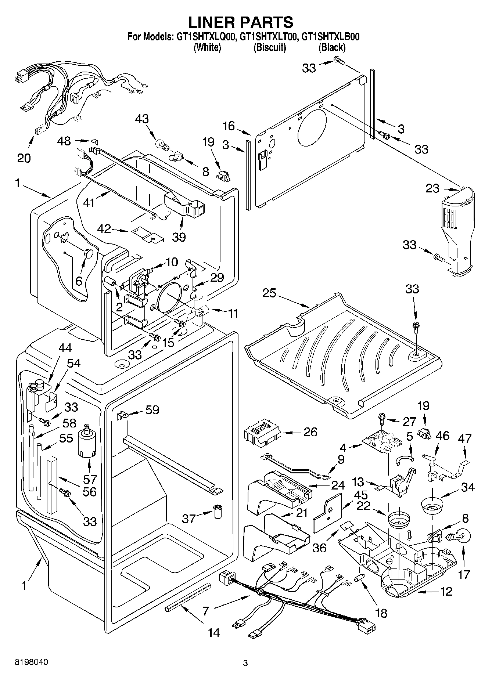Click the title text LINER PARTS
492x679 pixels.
pyautogui.click(x=241, y=22)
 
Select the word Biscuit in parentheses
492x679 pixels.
pyautogui.click(x=270, y=47)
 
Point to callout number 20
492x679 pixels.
pyautogui.click(x=24, y=158)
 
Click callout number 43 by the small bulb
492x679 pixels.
pyautogui.click(x=142, y=119)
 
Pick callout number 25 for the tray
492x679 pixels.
pyautogui.click(x=270, y=293)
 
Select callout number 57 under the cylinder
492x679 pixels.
pyautogui.click(x=90, y=479)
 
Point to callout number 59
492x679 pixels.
pyautogui.click(x=152, y=409)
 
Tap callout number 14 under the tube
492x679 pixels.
pyautogui.click(x=214, y=632)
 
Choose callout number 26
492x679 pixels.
pyautogui.click(x=310, y=431)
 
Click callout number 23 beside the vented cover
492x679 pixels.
pyautogui.click(x=432, y=188)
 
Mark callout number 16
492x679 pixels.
pyautogui.click(x=229, y=126)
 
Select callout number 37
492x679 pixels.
pyautogui.click(x=190, y=519)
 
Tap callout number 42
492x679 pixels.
pyautogui.click(x=104, y=229)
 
